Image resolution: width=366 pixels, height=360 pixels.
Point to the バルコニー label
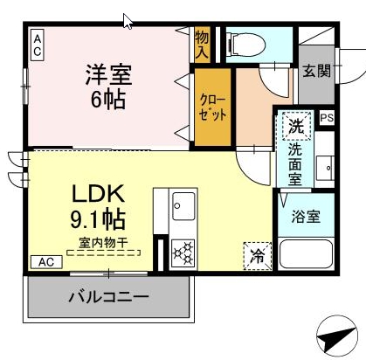point(107,297)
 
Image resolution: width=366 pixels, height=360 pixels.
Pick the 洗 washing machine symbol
point(296,126)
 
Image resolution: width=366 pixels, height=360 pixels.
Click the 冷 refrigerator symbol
point(258,256)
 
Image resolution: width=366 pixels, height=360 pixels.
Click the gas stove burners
point(183,251)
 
